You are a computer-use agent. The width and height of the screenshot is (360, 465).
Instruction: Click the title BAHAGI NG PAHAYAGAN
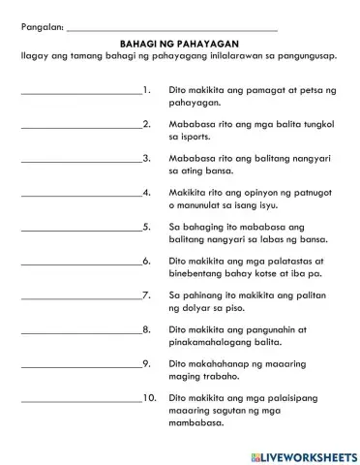click(179, 44)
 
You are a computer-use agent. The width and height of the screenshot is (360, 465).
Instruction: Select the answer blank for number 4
click(79, 194)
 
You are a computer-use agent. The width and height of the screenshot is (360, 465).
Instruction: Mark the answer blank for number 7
click(79, 295)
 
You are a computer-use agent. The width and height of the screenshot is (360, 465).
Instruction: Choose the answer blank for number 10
click(79, 399)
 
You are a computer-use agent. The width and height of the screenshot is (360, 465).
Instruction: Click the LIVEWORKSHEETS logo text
click(309, 454)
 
